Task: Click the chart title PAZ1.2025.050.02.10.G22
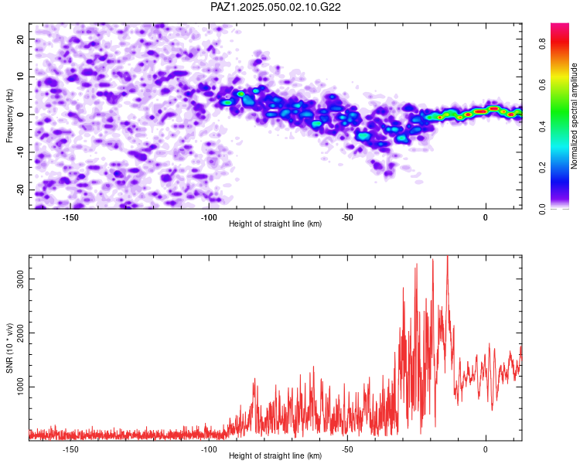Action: pyautogui.click(x=275, y=7)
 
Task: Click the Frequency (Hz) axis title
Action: pyautogui.click(x=9, y=116)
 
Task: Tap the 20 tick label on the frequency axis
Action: pyautogui.click(x=20, y=39)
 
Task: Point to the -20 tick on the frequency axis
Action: pyautogui.click(x=20, y=190)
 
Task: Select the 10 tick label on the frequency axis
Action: pyautogui.click(x=20, y=77)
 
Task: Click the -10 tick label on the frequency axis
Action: pyautogui.click(x=20, y=152)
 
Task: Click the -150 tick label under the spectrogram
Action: pyautogui.click(x=70, y=217)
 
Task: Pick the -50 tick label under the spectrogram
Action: pyautogui.click(x=347, y=217)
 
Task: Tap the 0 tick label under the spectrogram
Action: pyautogui.click(x=486, y=217)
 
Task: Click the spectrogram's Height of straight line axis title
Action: pyautogui.click(x=275, y=223)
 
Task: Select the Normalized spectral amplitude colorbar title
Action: pyautogui.click(x=574, y=116)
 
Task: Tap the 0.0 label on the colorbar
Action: pyautogui.click(x=543, y=209)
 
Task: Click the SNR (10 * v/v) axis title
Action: pyautogui.click(x=9, y=348)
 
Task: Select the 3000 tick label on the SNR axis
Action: pyautogui.click(x=20, y=278)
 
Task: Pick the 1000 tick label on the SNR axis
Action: pyautogui.click(x=20, y=387)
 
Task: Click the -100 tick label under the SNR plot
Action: pyautogui.click(x=209, y=449)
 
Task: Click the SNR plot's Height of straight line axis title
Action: pyautogui.click(x=275, y=455)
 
